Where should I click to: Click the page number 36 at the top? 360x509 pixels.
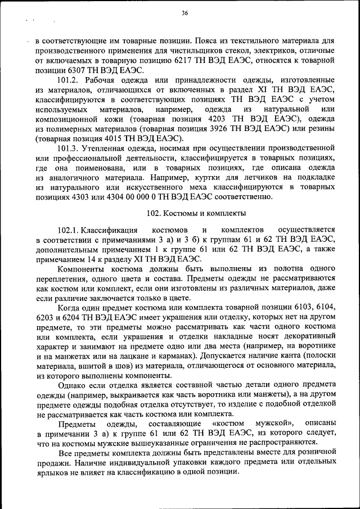point(184,13)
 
